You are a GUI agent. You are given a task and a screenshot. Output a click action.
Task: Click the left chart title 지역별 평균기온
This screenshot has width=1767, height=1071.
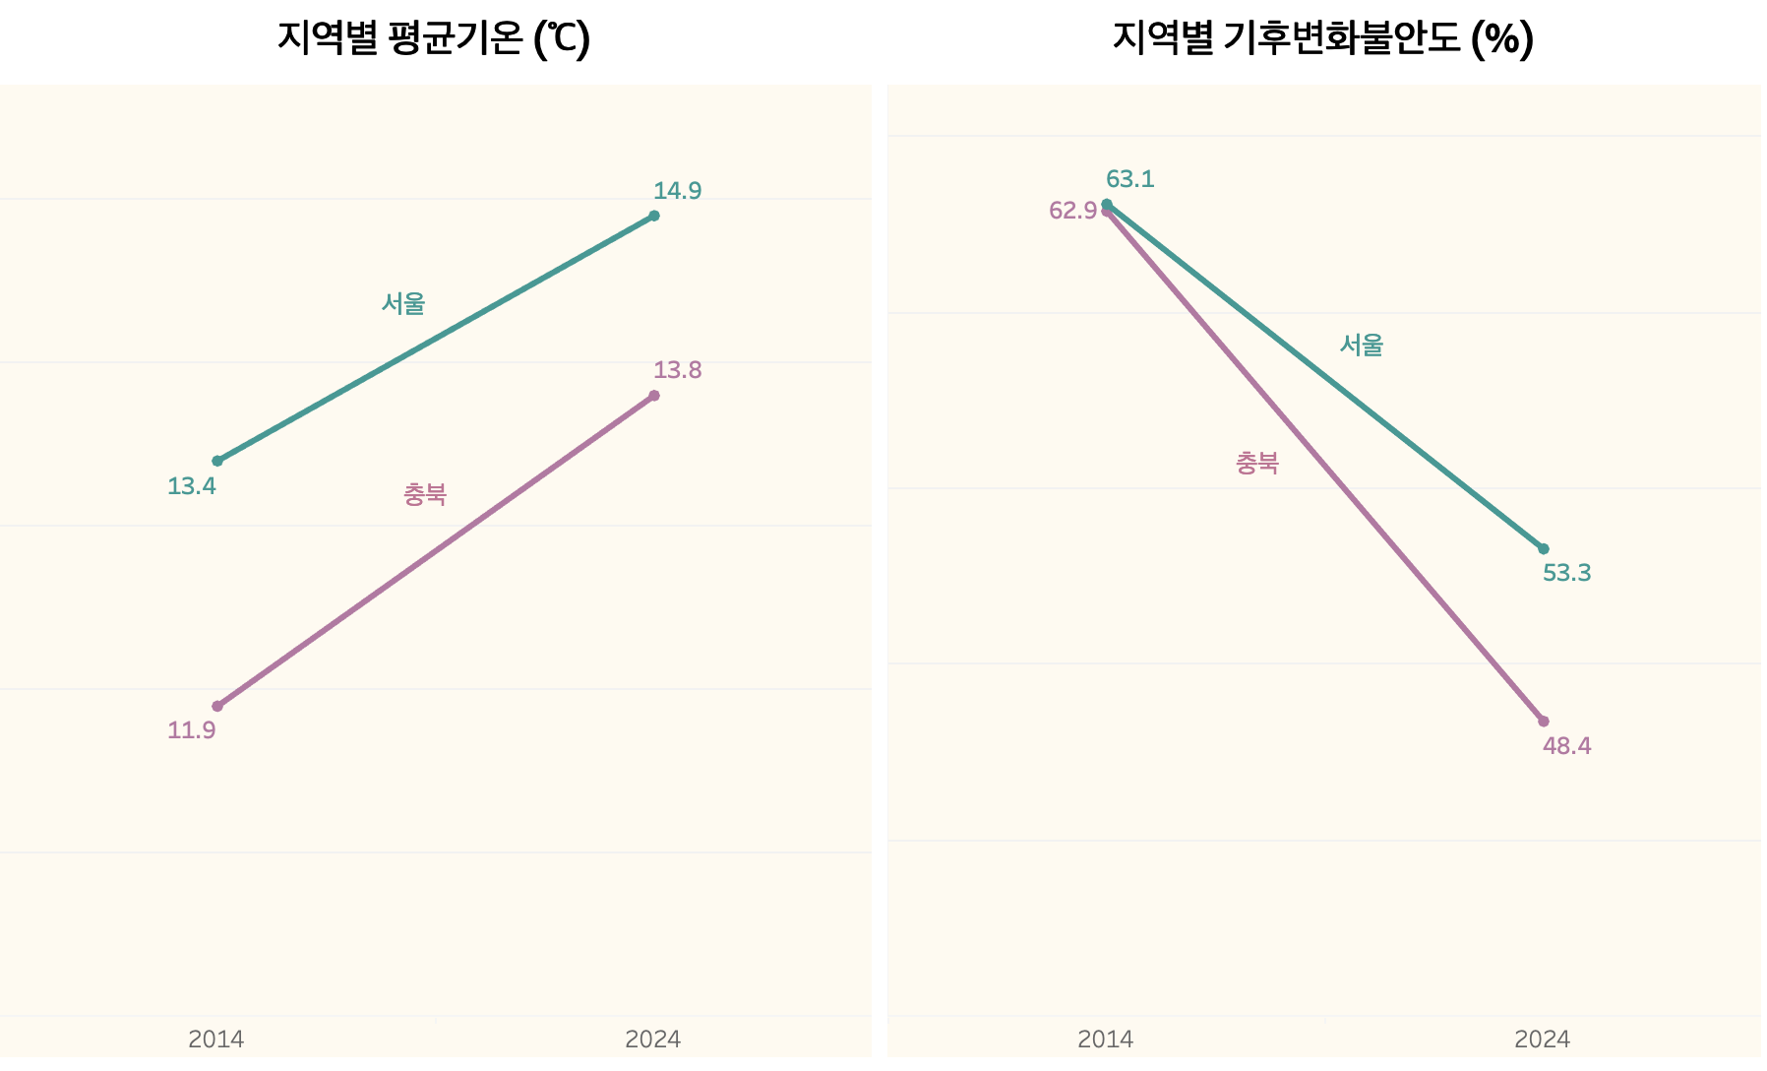(x=434, y=39)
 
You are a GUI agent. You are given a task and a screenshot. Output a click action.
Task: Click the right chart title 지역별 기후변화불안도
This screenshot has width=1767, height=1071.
(x=1323, y=39)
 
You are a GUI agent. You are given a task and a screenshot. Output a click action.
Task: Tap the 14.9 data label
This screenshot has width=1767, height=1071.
(x=677, y=191)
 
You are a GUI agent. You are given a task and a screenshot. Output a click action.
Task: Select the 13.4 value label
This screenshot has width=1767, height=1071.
(x=192, y=486)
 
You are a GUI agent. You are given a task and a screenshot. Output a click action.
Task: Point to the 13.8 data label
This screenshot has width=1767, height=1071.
(x=677, y=370)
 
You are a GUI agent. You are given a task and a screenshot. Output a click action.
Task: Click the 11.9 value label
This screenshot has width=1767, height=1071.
(x=192, y=730)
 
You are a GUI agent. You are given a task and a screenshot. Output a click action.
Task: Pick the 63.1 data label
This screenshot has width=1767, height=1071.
(x=1129, y=179)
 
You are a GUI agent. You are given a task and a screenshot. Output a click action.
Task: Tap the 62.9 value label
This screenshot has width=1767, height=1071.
(x=1072, y=211)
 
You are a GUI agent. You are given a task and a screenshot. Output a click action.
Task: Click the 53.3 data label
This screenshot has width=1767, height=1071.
(x=1566, y=573)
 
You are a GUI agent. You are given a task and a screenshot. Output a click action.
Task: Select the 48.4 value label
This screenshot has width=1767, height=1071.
(x=1566, y=746)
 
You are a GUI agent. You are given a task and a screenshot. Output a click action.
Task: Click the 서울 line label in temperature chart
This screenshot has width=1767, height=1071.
(x=403, y=303)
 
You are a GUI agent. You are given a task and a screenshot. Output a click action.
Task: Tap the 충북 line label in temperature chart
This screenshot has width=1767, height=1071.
(x=425, y=494)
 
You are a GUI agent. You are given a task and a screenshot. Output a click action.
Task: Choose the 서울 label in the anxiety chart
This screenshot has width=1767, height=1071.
(x=1362, y=345)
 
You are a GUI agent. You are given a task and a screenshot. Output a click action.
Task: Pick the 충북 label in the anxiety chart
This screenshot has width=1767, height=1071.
(x=1257, y=463)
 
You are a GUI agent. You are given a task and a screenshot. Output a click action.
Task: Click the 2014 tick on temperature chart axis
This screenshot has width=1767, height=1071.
(x=216, y=1039)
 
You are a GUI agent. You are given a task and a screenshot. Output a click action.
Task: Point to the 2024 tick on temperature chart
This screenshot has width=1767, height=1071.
(x=653, y=1039)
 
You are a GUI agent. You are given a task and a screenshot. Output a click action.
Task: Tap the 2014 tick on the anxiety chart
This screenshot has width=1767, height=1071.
(x=1106, y=1039)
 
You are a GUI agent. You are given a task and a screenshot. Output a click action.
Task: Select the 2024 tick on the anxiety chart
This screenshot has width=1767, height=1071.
(x=1543, y=1039)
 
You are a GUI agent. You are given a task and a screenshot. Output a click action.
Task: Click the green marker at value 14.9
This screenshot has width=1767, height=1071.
(x=654, y=216)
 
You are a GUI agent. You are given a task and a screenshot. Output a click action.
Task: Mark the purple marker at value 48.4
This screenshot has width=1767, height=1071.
(x=1543, y=722)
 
